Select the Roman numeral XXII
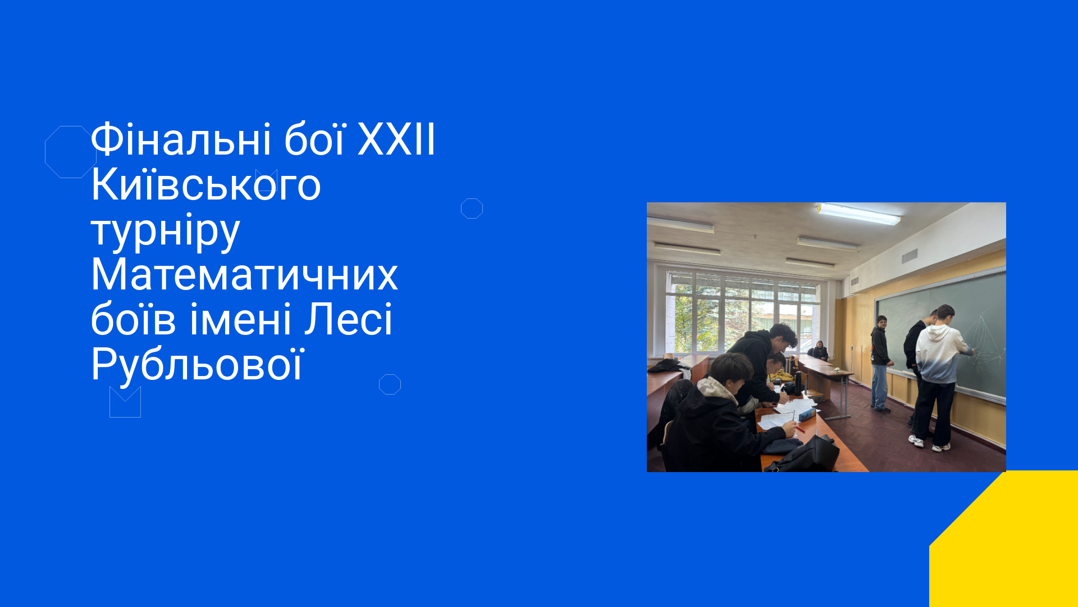[x=396, y=139]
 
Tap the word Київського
[x=205, y=184]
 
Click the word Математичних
[x=244, y=275]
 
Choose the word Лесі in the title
[x=349, y=320]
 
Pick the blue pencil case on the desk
[x=808, y=415]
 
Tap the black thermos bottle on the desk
[x=798, y=383]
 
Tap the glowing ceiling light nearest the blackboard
[x=859, y=214]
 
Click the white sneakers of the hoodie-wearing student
[x=929, y=444]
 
